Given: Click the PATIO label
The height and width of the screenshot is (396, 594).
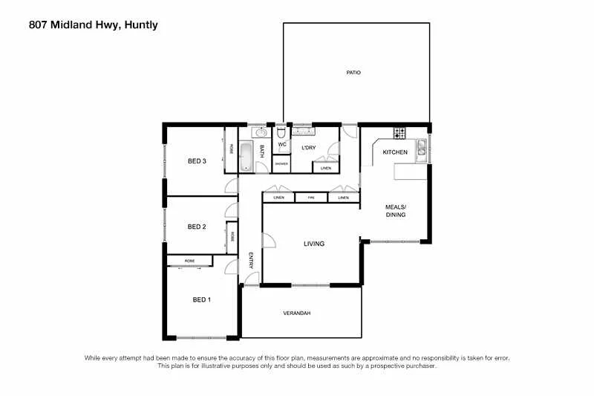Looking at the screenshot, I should coord(353,73).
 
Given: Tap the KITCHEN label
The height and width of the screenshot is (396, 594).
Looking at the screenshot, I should coord(394,152).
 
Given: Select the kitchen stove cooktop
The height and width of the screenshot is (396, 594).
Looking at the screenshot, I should coord(399,134).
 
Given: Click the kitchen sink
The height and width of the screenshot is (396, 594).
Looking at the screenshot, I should coord(421,149).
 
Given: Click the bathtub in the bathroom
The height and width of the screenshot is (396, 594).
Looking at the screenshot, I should coord(247,157).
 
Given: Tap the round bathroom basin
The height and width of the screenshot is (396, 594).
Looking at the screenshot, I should coord(260,133).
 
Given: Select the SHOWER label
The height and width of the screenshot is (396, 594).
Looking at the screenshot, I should coord(281,163).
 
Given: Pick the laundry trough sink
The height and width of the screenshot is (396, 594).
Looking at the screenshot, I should coord(304,132).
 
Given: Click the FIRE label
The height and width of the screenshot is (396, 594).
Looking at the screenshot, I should coord(312,198).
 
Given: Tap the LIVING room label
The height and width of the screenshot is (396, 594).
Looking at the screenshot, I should coord(314,244).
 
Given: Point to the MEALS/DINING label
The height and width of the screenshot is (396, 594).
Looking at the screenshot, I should coord(395,210).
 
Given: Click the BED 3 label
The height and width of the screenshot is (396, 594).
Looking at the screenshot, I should coord(196,160).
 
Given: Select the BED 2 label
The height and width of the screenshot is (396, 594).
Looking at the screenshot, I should coord(196,227).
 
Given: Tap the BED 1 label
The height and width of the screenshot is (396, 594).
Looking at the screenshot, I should coord(202,299).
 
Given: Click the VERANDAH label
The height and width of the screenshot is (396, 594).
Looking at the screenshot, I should coord(296,314).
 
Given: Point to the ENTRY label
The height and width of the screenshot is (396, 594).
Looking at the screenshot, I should coord(251,260).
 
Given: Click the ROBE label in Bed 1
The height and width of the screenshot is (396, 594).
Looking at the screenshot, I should coord(190,261).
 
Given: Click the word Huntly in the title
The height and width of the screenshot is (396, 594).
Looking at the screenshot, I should coord(140,25).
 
